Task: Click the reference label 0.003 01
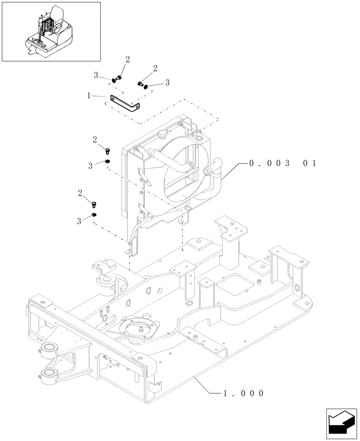[x=282, y=163]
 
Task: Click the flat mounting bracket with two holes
[x=125, y=105]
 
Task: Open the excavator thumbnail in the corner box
[x=51, y=32]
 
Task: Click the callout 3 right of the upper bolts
[x=167, y=82]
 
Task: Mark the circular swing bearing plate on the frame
[x=140, y=329]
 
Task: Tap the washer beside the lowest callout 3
[x=94, y=215]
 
